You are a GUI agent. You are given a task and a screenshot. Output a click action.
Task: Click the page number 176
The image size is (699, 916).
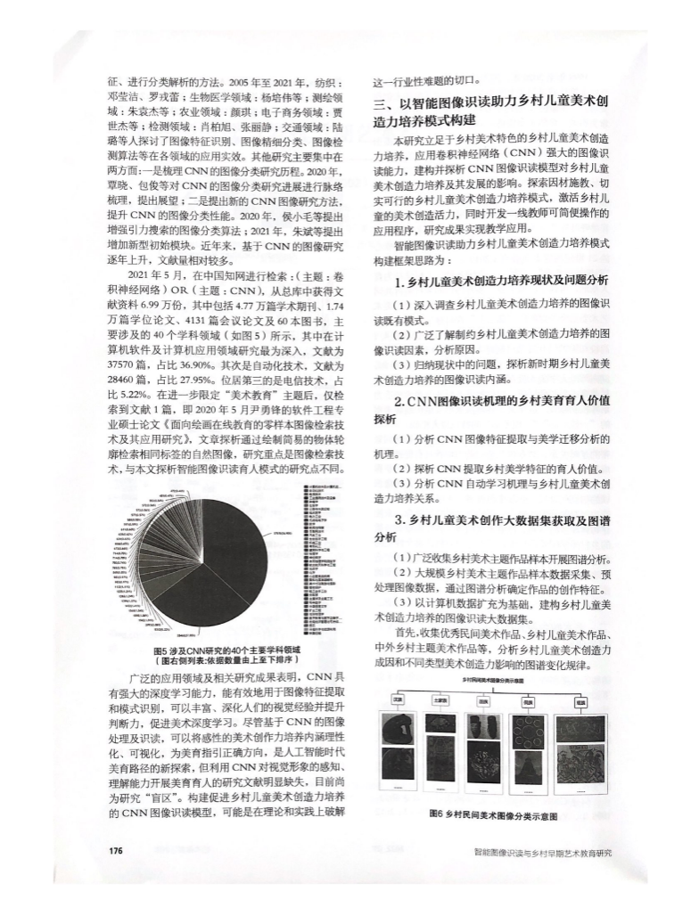pyautogui.click(x=114, y=851)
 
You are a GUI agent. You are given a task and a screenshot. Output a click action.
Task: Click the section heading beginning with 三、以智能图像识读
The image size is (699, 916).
pyautogui.click(x=489, y=111)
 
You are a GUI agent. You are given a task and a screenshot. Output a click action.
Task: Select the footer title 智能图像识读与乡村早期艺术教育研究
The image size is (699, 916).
pyautogui.click(x=545, y=852)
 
